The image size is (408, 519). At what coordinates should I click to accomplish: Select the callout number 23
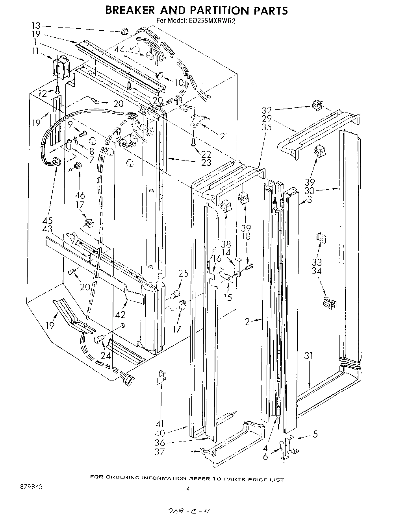pyautogui.click(x=206, y=162)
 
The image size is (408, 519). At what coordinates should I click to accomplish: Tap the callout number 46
pyautogui.click(x=80, y=196)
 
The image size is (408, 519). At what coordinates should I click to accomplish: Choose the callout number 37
pyautogui.click(x=160, y=452)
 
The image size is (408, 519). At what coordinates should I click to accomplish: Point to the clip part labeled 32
pyautogui.click(x=316, y=105)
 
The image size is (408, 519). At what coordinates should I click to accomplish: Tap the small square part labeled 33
pyautogui.click(x=321, y=238)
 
